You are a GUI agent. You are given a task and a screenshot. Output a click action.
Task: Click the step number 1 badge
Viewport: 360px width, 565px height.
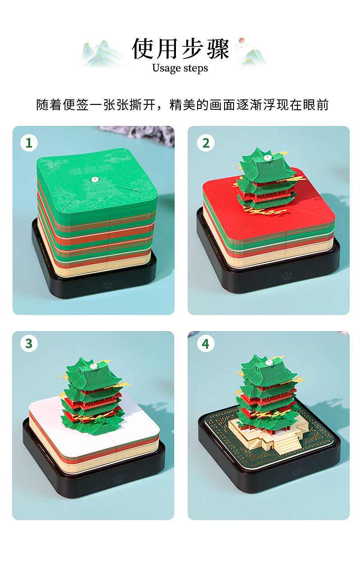29,143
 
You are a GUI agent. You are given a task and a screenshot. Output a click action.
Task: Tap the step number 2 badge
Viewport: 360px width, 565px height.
206,143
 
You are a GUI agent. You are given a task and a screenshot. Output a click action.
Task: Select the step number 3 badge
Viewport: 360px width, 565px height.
29,343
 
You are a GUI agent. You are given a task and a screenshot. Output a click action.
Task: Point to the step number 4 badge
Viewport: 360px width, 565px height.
206,343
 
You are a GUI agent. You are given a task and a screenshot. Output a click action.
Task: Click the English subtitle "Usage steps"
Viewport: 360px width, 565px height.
180,68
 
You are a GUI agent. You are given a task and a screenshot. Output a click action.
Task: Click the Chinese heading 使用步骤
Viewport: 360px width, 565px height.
180,49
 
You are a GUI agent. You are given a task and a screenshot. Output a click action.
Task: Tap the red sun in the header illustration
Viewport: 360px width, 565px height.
242,40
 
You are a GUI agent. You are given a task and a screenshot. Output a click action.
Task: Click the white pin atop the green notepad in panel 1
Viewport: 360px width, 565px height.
95,179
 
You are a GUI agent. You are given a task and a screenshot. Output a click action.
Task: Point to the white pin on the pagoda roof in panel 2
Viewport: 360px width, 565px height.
267,158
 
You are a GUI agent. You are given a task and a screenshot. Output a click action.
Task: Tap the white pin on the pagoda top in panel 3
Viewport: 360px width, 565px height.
94,367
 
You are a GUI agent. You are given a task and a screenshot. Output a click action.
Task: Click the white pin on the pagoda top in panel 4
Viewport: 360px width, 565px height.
269,363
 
